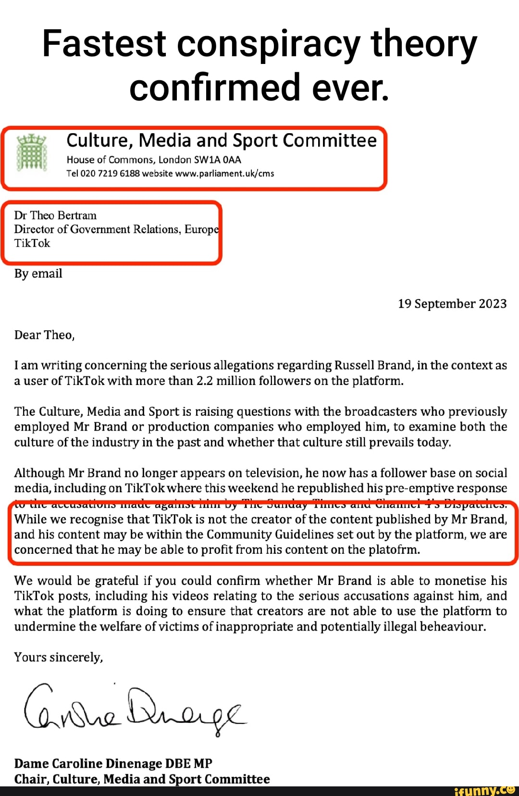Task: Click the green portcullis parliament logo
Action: tap(32, 153)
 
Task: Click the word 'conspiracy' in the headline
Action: tap(268, 44)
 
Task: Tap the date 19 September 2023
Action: tap(452, 304)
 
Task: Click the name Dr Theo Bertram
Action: tap(55, 215)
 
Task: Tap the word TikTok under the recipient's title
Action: tap(32, 243)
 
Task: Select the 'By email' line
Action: tap(38, 274)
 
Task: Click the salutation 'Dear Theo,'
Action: tap(44, 335)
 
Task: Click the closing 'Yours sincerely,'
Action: tap(59, 658)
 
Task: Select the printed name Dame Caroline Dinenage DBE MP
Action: tap(113, 764)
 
